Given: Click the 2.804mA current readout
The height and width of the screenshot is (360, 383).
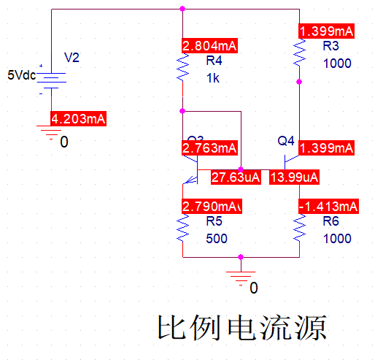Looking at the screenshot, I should pos(209,46).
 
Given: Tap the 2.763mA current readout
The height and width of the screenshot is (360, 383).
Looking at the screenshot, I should pos(209,148).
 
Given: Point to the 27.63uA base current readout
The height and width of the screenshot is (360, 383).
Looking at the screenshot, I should pos(235,177).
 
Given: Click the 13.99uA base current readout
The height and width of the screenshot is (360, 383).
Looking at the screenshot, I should pos(294,177).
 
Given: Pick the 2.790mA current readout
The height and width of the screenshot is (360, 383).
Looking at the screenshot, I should pos(210,206).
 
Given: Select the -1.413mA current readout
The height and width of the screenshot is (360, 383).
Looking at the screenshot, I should pos(329,206).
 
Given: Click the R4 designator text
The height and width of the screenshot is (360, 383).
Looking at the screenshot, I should pos(214,61).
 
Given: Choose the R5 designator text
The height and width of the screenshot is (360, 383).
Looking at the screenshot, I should pos(214,222).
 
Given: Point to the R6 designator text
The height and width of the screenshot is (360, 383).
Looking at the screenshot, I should pos(331,222).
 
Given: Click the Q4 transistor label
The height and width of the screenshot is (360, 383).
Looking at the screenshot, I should pos(285,141).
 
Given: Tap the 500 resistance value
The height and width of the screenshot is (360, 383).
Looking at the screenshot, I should pos(216,239).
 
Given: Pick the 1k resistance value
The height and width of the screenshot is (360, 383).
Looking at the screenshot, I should pos(212,77).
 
